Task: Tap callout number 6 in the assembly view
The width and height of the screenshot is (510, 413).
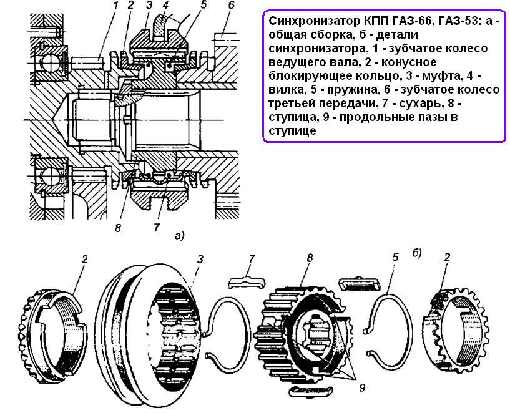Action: (231, 7)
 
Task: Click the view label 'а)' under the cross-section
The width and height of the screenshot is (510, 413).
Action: (180, 236)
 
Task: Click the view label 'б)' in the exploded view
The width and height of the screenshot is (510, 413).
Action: (417, 253)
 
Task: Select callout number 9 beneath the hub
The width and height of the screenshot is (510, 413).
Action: (363, 387)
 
